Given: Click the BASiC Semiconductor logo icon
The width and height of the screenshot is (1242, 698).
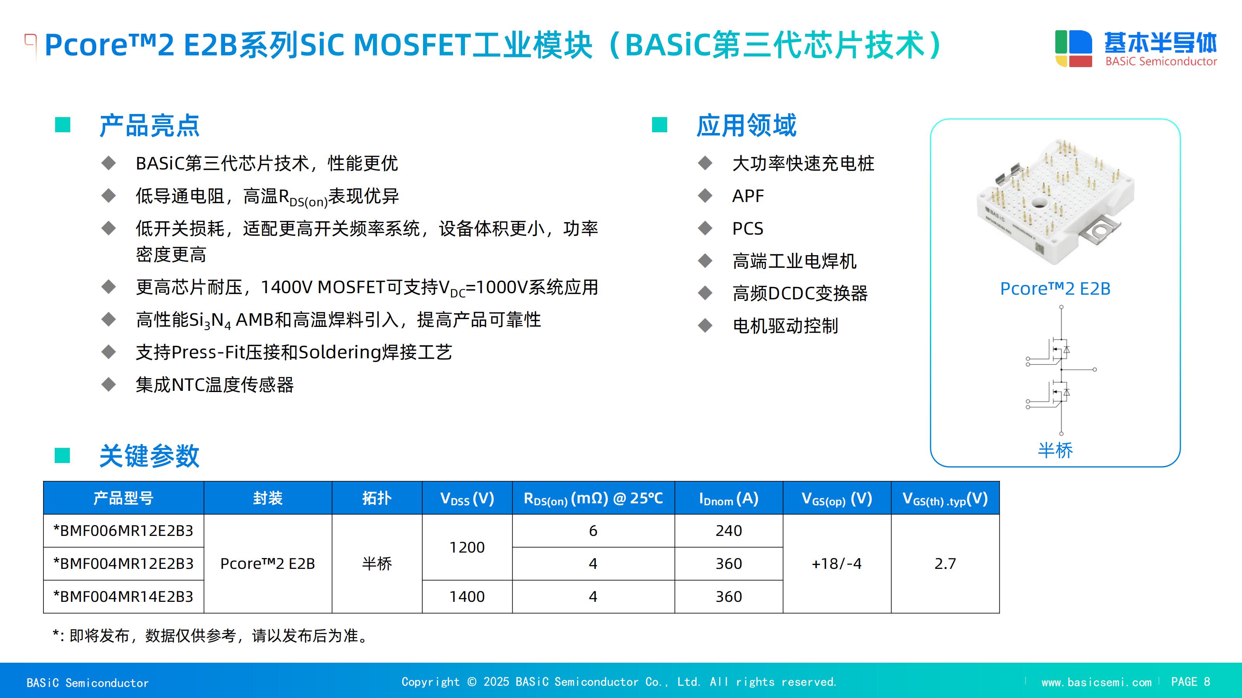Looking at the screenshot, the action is click(x=1073, y=48).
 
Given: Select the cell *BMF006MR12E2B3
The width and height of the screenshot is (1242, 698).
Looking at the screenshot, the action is click(x=123, y=531).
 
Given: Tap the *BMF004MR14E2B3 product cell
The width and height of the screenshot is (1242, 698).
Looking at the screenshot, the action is click(x=123, y=597).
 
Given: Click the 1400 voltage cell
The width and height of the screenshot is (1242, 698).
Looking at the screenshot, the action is click(x=467, y=597).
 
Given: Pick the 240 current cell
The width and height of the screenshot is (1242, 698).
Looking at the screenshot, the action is click(x=729, y=531).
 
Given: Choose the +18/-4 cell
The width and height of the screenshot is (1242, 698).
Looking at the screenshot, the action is click(x=836, y=563).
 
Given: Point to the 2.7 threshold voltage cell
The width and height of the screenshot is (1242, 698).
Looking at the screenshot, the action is click(x=945, y=563).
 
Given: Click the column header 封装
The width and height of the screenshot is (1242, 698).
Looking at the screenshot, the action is click(x=267, y=498).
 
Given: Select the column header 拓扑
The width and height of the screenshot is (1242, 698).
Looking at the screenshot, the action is click(x=377, y=498).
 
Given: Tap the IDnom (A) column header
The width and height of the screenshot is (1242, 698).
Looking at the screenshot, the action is click(x=729, y=498).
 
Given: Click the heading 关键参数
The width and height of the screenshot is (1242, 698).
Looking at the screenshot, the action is click(x=149, y=456).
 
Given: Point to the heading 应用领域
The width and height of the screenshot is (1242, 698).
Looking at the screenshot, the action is click(x=746, y=125).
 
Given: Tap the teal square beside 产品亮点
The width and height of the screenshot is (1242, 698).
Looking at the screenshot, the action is click(x=62, y=125).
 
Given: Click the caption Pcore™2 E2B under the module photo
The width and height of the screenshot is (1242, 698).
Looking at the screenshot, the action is click(x=1055, y=289).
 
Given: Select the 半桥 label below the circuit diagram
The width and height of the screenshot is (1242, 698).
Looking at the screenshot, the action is click(x=1055, y=450).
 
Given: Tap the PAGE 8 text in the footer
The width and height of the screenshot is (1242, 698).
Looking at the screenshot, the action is click(x=1190, y=682).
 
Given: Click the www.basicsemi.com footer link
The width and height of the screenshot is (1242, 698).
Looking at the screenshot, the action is click(x=1096, y=682).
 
